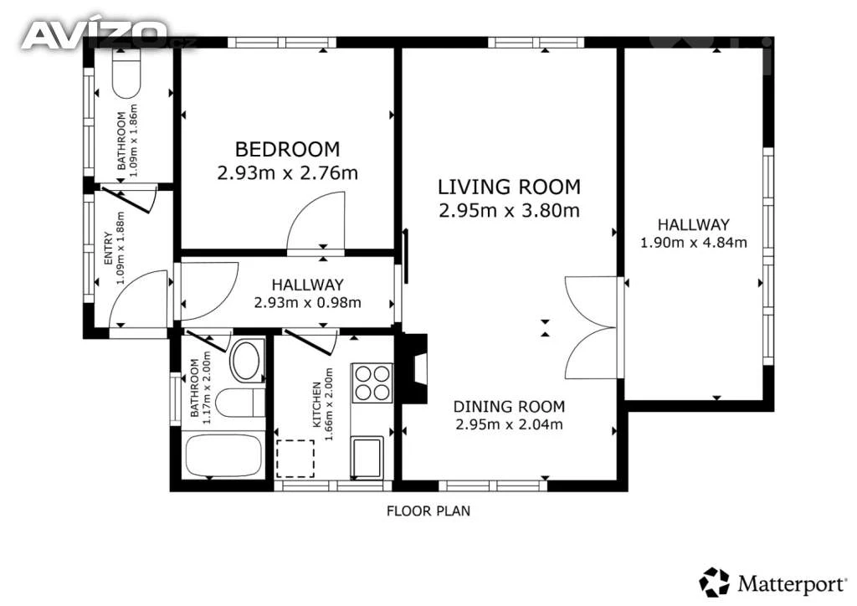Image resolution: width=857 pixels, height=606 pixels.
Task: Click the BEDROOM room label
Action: tap(287, 149)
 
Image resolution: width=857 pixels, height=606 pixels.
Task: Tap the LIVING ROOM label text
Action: tap(509, 187)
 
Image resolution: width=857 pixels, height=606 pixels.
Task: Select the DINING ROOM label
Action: tap(509, 407)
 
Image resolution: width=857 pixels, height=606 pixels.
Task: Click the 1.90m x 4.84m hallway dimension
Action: tap(693, 242)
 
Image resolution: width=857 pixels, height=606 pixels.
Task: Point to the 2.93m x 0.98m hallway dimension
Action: tap(307, 302)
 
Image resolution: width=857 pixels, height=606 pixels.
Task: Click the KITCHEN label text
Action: tap(316, 404)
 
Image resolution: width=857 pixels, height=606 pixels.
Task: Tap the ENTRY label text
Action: tap(108, 249)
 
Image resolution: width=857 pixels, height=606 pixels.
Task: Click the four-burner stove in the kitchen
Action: tap(372, 383)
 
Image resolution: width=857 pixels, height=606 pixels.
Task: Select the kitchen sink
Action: tap(367, 457)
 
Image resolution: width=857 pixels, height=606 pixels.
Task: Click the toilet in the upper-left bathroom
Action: tap(127, 74)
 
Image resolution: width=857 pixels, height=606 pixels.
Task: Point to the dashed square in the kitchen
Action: tap(295, 459)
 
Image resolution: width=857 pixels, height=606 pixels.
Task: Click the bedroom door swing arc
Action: tap(316, 221)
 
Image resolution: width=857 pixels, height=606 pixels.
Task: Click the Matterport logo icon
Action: tap(714, 582)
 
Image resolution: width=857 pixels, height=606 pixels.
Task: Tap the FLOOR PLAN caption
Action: tap(428, 511)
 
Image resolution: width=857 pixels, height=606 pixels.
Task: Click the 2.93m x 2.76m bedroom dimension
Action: tap(288, 173)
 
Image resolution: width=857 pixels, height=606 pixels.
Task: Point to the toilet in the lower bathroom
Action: tap(240, 403)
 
